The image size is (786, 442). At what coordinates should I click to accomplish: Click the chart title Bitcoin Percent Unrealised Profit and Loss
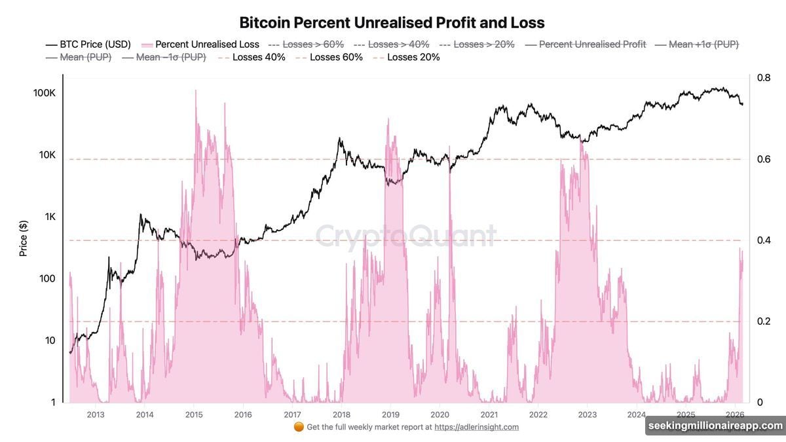click(392, 23)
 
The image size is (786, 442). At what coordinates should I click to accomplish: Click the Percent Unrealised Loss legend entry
click(207, 45)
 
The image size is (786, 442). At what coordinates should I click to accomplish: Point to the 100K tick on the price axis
click(45, 94)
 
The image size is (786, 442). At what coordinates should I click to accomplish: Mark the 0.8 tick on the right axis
click(764, 78)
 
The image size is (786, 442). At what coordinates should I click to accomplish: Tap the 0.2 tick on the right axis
click(764, 322)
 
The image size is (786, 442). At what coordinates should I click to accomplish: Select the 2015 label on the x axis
click(193, 414)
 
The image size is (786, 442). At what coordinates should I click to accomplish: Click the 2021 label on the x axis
click(489, 414)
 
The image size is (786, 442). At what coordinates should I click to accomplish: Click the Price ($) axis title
click(24, 238)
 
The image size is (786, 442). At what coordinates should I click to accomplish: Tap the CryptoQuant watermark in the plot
click(406, 236)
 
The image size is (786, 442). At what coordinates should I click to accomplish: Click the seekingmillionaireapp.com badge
click(715, 426)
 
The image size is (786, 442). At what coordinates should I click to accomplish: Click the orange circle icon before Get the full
click(299, 427)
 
